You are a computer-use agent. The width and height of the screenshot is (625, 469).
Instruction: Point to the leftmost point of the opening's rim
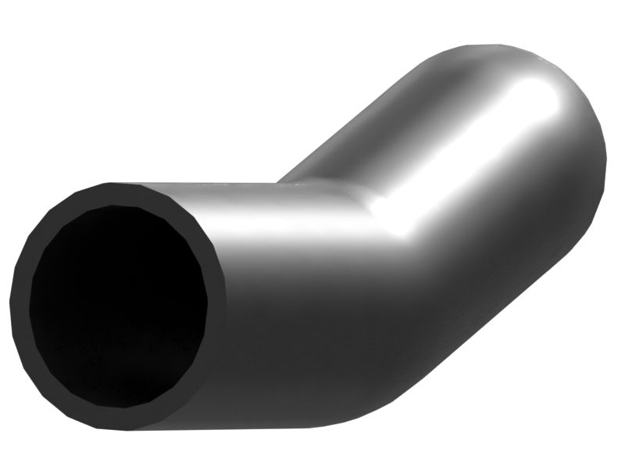(x=17, y=305)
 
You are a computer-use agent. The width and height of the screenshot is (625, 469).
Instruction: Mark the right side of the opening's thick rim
(x=216, y=305)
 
